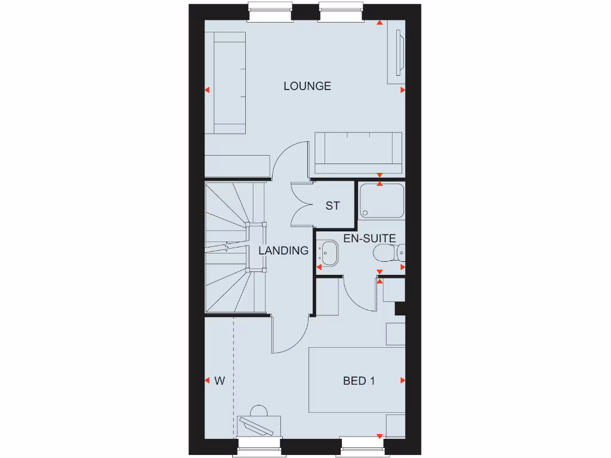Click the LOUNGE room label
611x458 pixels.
tap(307, 86)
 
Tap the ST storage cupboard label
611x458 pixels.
tap(332, 206)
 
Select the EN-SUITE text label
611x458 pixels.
tap(369, 239)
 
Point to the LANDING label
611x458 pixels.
tap(283, 250)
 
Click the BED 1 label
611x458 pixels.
tap(359, 380)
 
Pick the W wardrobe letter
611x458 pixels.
tap(220, 380)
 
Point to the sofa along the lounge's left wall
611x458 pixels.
tap(229, 83)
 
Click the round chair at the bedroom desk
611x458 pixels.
tap(259, 411)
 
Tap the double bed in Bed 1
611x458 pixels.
tap(357, 380)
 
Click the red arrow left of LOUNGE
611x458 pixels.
tap(207, 90)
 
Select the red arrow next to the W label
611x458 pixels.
tap(207, 380)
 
